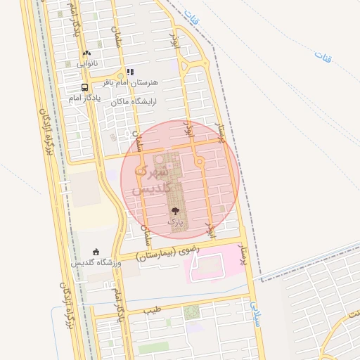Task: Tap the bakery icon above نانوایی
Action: (86, 53)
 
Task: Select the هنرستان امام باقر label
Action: (131, 83)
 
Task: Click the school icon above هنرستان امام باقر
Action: (130, 72)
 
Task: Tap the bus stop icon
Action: (85, 88)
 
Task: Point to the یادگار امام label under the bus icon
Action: (84, 98)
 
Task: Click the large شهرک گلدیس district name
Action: (150, 180)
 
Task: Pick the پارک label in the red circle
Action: (174, 221)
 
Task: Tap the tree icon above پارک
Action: (175, 210)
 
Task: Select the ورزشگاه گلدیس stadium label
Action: (96, 263)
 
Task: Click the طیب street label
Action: (153, 309)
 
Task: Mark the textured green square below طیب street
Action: (191, 312)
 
